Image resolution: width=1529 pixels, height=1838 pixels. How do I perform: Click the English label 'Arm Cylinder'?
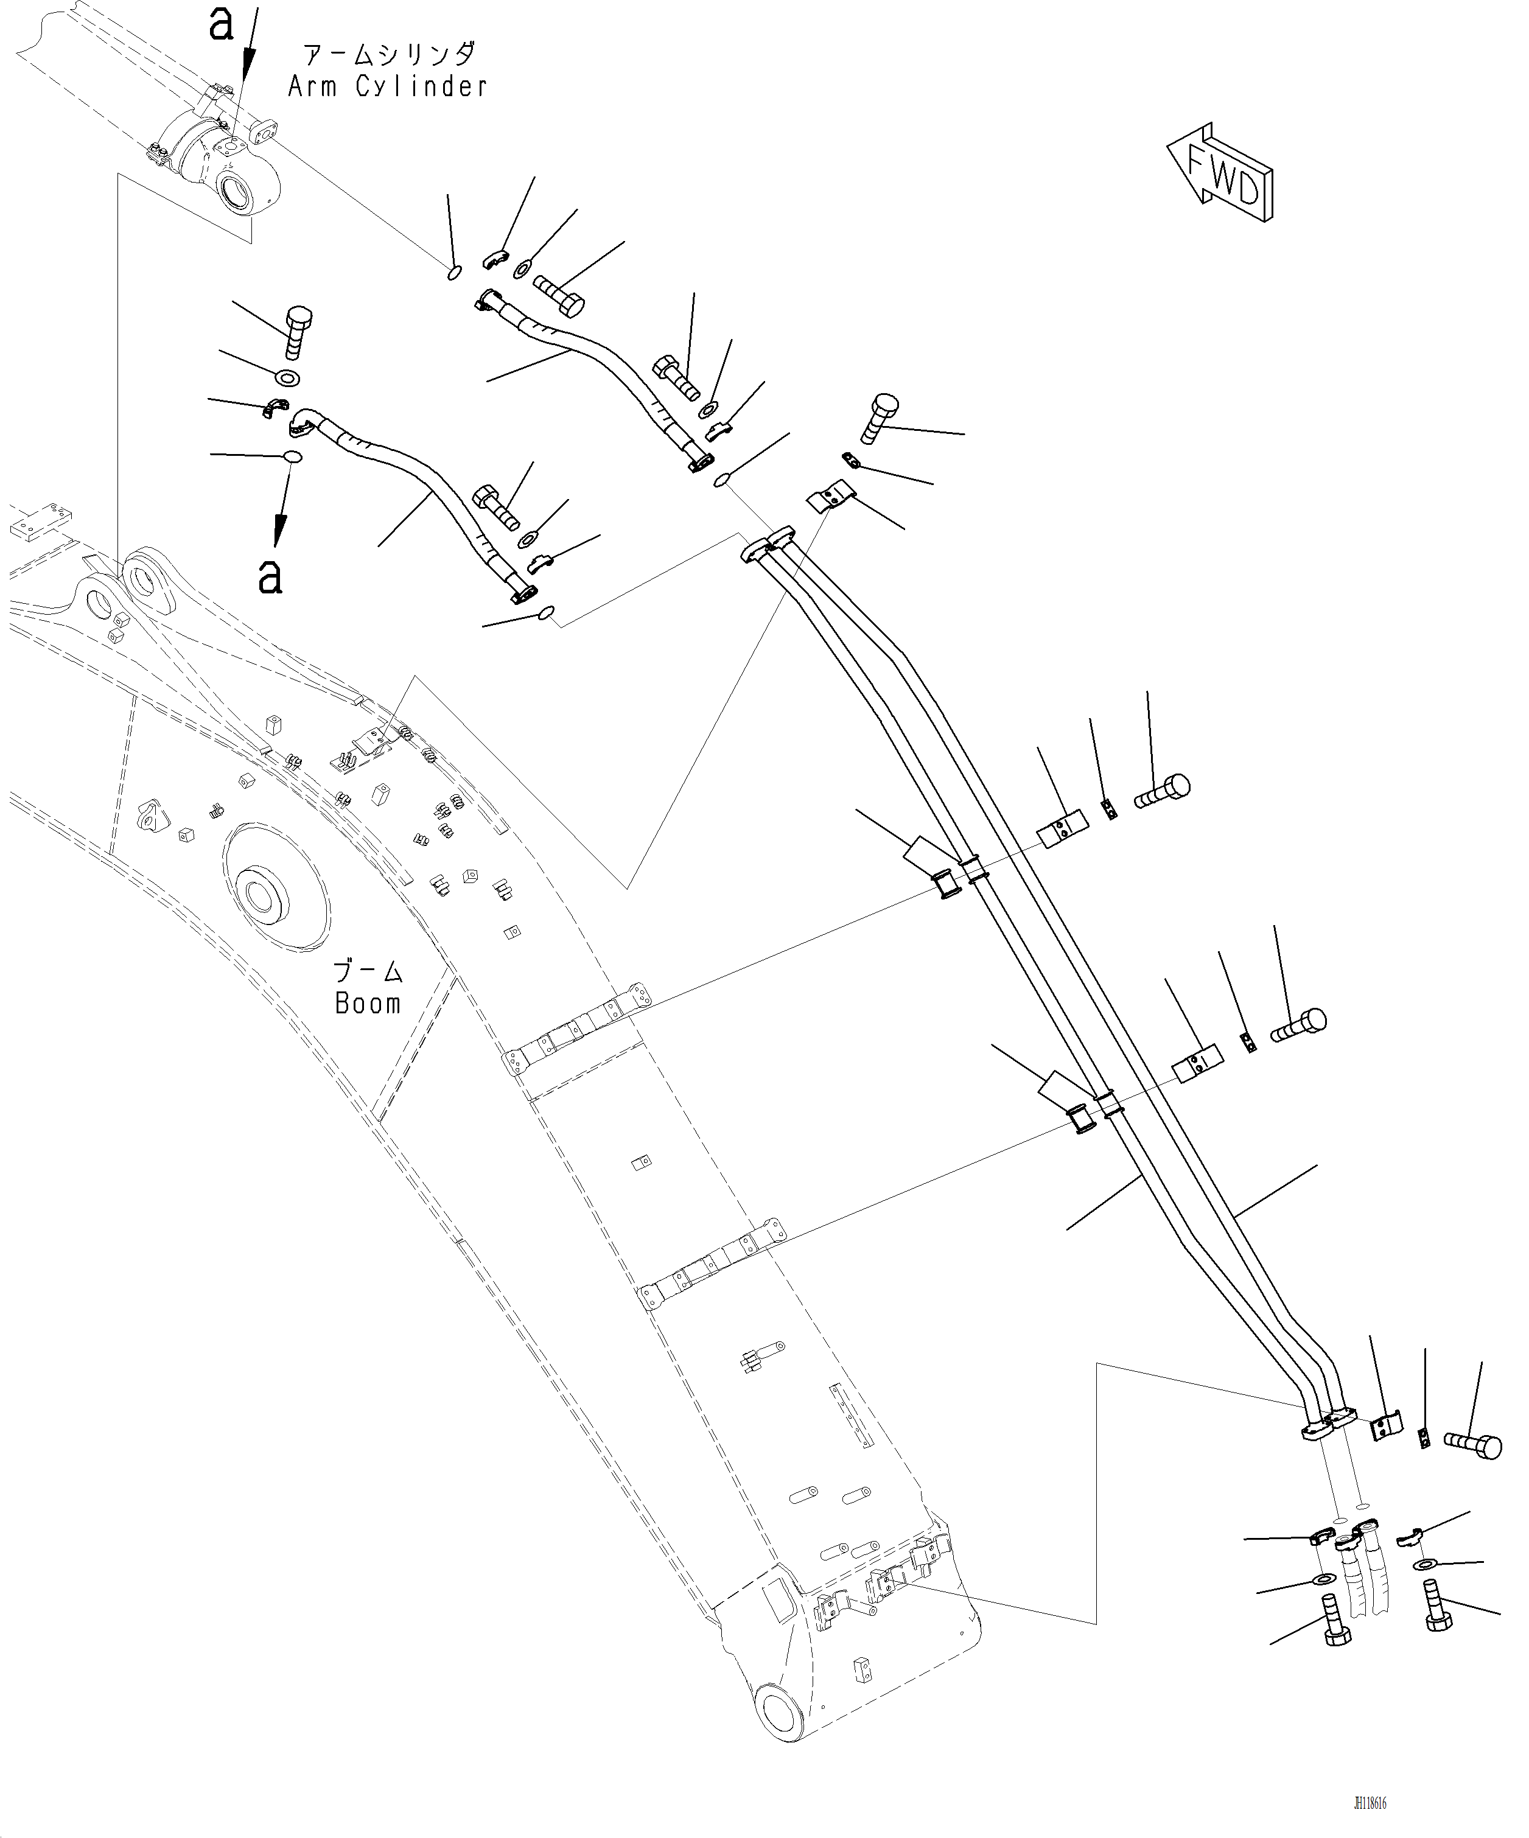388,86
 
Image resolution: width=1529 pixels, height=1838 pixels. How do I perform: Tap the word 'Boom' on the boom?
368,1002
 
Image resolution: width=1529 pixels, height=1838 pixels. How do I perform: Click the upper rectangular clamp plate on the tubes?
1063,831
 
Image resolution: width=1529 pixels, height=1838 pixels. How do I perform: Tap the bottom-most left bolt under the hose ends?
1333,1630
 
